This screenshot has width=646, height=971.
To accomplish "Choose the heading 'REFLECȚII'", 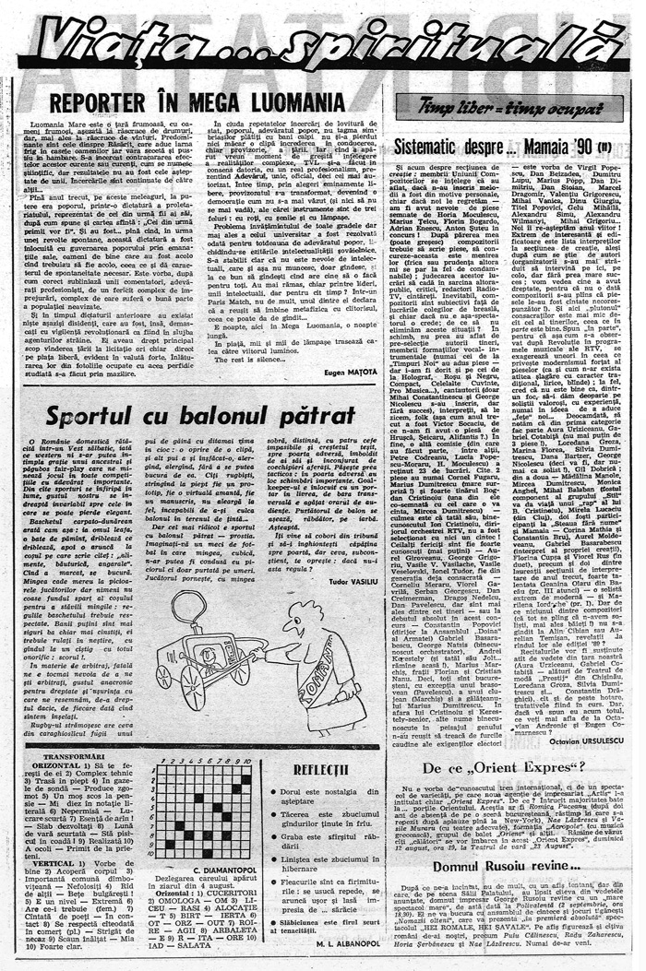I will point(320,769).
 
